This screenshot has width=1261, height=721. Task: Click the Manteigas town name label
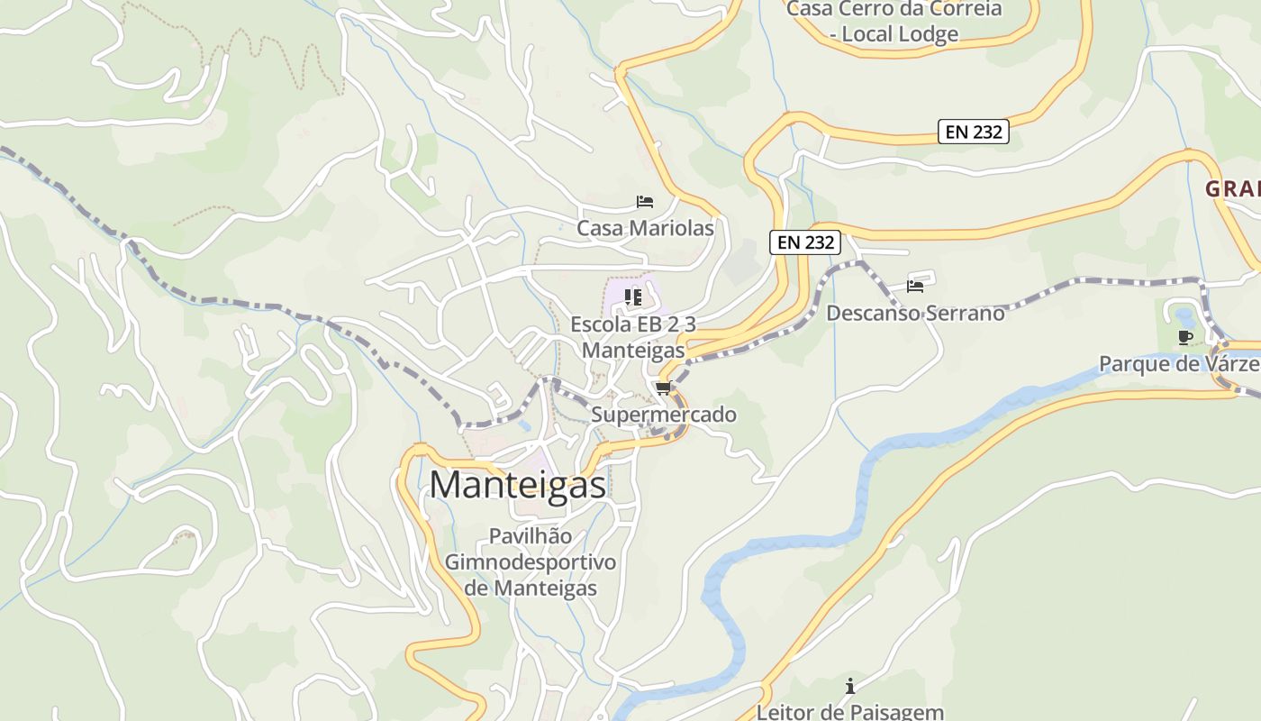click(x=517, y=485)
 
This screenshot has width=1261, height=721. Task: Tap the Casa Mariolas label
click(x=645, y=228)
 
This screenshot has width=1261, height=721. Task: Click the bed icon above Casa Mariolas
click(x=645, y=201)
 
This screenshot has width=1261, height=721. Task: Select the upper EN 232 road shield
click(x=973, y=132)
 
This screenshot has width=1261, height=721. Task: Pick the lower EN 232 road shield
click(x=805, y=242)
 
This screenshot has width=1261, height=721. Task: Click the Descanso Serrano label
click(x=915, y=313)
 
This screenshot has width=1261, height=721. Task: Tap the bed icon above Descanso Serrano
click(x=915, y=287)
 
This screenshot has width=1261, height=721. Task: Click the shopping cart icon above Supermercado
click(x=664, y=388)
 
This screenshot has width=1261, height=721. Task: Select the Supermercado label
click(x=664, y=415)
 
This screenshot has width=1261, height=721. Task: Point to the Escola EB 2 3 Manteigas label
click(x=633, y=336)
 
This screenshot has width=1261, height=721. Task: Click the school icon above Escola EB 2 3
click(x=632, y=297)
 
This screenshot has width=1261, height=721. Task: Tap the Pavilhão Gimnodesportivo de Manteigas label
click(x=531, y=561)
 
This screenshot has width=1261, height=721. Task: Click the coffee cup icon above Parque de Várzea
click(x=1185, y=337)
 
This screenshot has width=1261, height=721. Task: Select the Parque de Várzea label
click(x=1178, y=364)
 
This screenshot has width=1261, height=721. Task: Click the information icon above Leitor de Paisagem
click(x=849, y=686)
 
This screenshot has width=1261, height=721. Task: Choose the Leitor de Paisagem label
click(x=849, y=711)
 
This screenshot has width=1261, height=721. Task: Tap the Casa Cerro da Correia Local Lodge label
click(x=894, y=22)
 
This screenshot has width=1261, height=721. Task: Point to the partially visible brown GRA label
click(x=1232, y=189)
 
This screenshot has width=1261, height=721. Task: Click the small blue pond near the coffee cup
click(x=1184, y=315)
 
